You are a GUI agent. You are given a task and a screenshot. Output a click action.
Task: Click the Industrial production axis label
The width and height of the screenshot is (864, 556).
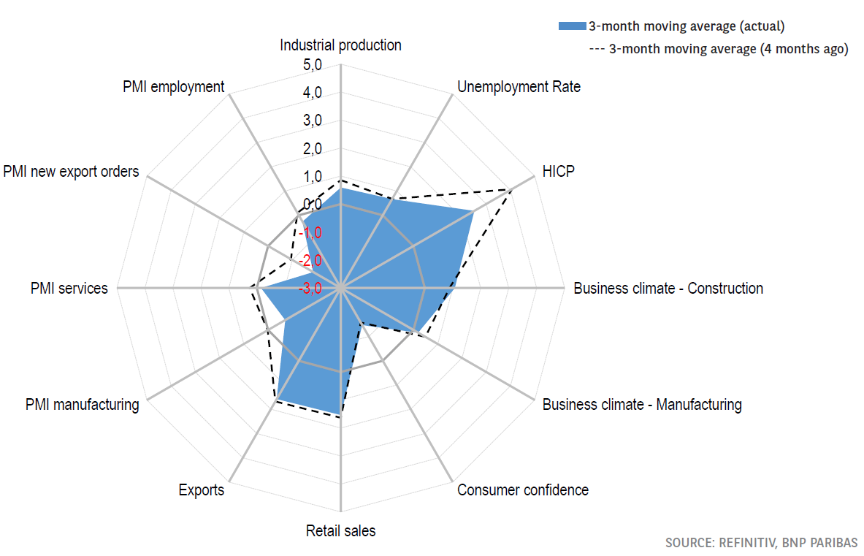coord(340,45)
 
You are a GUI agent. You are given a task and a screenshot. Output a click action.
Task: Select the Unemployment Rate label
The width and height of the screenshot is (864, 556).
coord(519,87)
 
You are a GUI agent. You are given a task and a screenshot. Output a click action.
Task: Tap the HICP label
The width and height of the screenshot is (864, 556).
coord(559,172)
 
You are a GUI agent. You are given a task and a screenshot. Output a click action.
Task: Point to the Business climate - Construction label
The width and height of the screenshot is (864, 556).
coord(668,289)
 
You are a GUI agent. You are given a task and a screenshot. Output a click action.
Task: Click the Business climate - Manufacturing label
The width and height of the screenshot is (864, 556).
coord(641,405)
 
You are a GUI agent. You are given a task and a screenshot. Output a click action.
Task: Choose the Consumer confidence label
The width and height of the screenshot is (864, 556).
coord(522,490)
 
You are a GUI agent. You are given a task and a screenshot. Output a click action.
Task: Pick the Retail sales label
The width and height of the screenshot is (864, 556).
coord(340,531)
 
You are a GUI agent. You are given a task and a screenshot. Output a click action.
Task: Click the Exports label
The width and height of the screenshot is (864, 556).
coord(201,490)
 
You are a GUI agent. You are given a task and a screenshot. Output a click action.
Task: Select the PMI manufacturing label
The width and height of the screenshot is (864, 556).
coord(82,405)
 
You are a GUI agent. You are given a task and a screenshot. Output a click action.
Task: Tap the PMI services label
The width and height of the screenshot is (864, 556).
coord(69,289)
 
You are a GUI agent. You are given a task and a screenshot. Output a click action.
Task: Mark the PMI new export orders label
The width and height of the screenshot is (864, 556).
coord(70,172)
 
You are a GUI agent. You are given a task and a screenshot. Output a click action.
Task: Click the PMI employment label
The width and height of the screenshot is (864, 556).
coord(174,87)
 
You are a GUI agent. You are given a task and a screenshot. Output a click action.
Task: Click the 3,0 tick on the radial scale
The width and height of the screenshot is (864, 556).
coord(313,121)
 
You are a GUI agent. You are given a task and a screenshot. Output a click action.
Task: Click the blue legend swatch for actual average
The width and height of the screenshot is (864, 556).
coord(573,26)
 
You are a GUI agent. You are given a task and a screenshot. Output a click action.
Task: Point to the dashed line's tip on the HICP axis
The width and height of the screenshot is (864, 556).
coord(508,189)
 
